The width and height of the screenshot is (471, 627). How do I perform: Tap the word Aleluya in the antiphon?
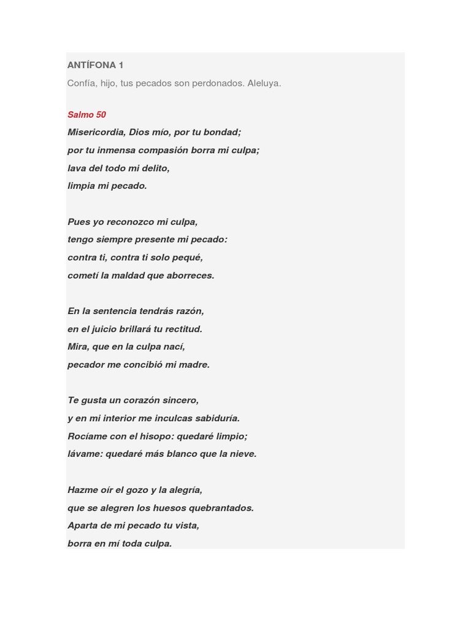coord(264,83)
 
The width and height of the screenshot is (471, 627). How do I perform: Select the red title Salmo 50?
coord(86,115)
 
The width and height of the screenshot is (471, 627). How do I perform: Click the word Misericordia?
coord(96,132)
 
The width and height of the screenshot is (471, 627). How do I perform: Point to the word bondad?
coord(223,132)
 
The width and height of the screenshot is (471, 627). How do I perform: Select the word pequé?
coord(187,257)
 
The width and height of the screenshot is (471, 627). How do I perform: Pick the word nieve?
coord(242,454)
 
